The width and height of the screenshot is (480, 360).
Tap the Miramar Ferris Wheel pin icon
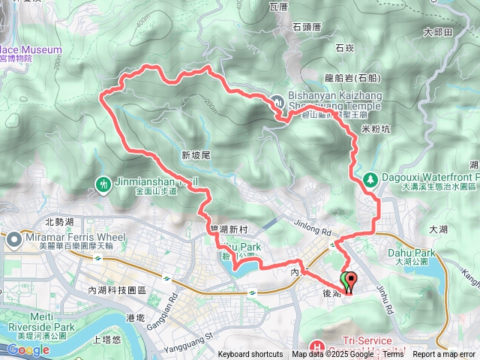[x=15, y=240]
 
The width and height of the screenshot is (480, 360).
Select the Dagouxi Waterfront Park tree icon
[x=370, y=179]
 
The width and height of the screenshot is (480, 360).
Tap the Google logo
[x=28, y=350]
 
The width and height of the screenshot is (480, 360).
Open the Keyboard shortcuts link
[x=250, y=355]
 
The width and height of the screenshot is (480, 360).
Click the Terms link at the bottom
[x=393, y=355]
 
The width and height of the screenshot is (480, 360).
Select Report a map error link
[x=445, y=355]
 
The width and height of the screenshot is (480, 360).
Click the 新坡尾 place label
[x=197, y=154]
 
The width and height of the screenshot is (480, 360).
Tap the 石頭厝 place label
[x=307, y=26]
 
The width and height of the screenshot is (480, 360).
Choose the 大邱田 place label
[x=438, y=32]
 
